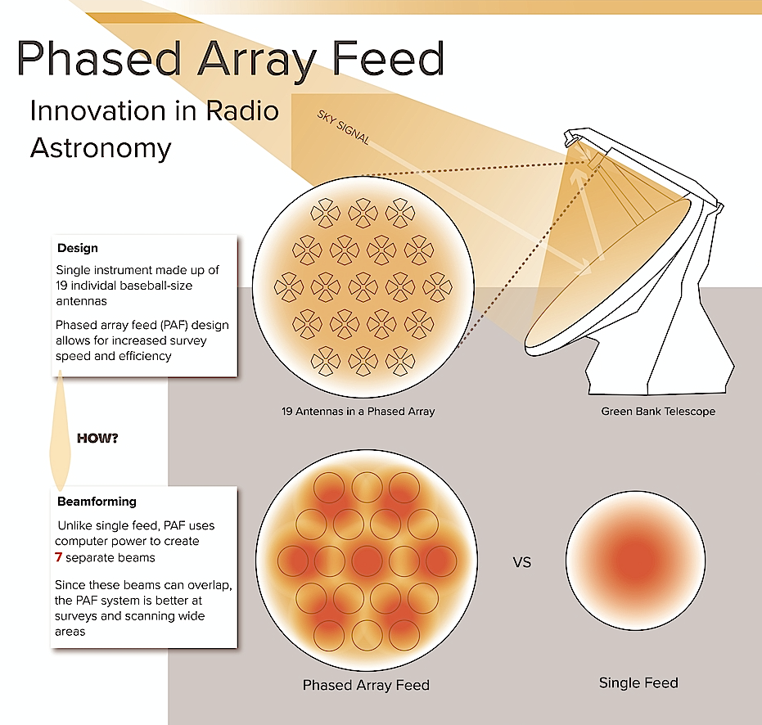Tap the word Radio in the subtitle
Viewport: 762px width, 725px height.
(x=242, y=110)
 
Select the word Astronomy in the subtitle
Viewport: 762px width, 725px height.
(x=101, y=149)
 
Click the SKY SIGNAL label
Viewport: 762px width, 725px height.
(x=343, y=128)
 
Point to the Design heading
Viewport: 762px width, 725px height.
(x=78, y=248)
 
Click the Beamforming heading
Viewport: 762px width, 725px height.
(x=97, y=502)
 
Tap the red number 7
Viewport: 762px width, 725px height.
(x=58, y=557)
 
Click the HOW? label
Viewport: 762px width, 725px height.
(x=97, y=439)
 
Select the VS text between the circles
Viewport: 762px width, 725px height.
(x=522, y=562)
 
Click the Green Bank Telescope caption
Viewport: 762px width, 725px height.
(x=658, y=411)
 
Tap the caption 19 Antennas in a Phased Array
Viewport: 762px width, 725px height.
(x=358, y=411)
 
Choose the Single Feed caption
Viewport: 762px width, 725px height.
(x=638, y=682)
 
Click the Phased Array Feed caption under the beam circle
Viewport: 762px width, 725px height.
(x=366, y=685)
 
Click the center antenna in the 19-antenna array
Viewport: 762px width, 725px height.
(x=363, y=287)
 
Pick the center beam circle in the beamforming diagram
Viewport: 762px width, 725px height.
(x=367, y=561)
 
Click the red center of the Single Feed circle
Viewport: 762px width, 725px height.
(x=635, y=560)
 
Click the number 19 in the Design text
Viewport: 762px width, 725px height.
(x=61, y=286)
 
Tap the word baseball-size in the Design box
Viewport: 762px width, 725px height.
(x=156, y=286)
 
